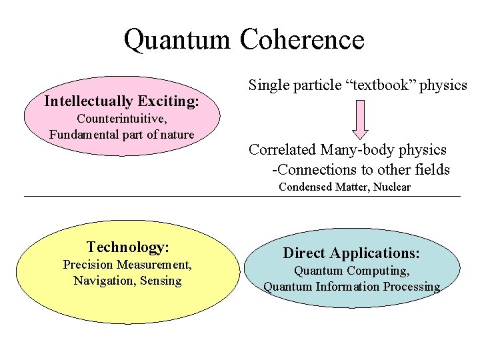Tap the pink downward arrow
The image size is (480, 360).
pyautogui.click(x=361, y=119)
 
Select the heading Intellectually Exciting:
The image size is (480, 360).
pyautogui.click(x=121, y=101)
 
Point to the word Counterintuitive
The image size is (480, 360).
pyautogui.click(x=121, y=119)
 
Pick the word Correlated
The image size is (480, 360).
pyautogui.click(x=283, y=150)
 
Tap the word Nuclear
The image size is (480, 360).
pyautogui.click(x=392, y=187)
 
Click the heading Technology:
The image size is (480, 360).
pyautogui.click(x=128, y=247)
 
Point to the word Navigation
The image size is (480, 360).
pyautogui.click(x=103, y=281)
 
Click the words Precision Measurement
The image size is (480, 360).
pyautogui.click(x=127, y=265)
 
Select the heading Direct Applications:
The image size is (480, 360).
pyautogui.click(x=351, y=253)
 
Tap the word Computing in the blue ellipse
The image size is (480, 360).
pyautogui.click(x=379, y=271)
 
